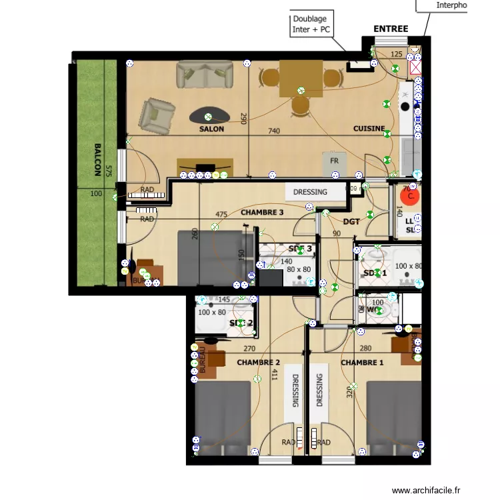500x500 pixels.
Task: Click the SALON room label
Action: click(211, 129)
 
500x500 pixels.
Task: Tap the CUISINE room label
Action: click(369, 129)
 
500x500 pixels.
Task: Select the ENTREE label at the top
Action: click(391, 29)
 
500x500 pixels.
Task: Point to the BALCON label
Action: click(97, 159)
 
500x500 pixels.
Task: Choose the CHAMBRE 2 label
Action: click(258, 363)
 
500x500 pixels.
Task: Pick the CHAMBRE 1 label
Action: click(362, 363)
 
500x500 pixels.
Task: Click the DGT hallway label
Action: click(351, 221)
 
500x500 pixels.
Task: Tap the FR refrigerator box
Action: click(335, 161)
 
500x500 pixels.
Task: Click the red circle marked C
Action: click(411, 196)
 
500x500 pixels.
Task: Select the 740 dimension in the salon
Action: click(273, 131)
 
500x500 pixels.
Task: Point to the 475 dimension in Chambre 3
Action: click(221, 215)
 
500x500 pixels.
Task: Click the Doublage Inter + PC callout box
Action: click(311, 25)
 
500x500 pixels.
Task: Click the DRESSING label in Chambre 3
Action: click(311, 192)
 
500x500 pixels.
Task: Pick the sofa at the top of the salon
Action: click(205, 74)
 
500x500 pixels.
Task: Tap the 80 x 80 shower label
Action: click(299, 270)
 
